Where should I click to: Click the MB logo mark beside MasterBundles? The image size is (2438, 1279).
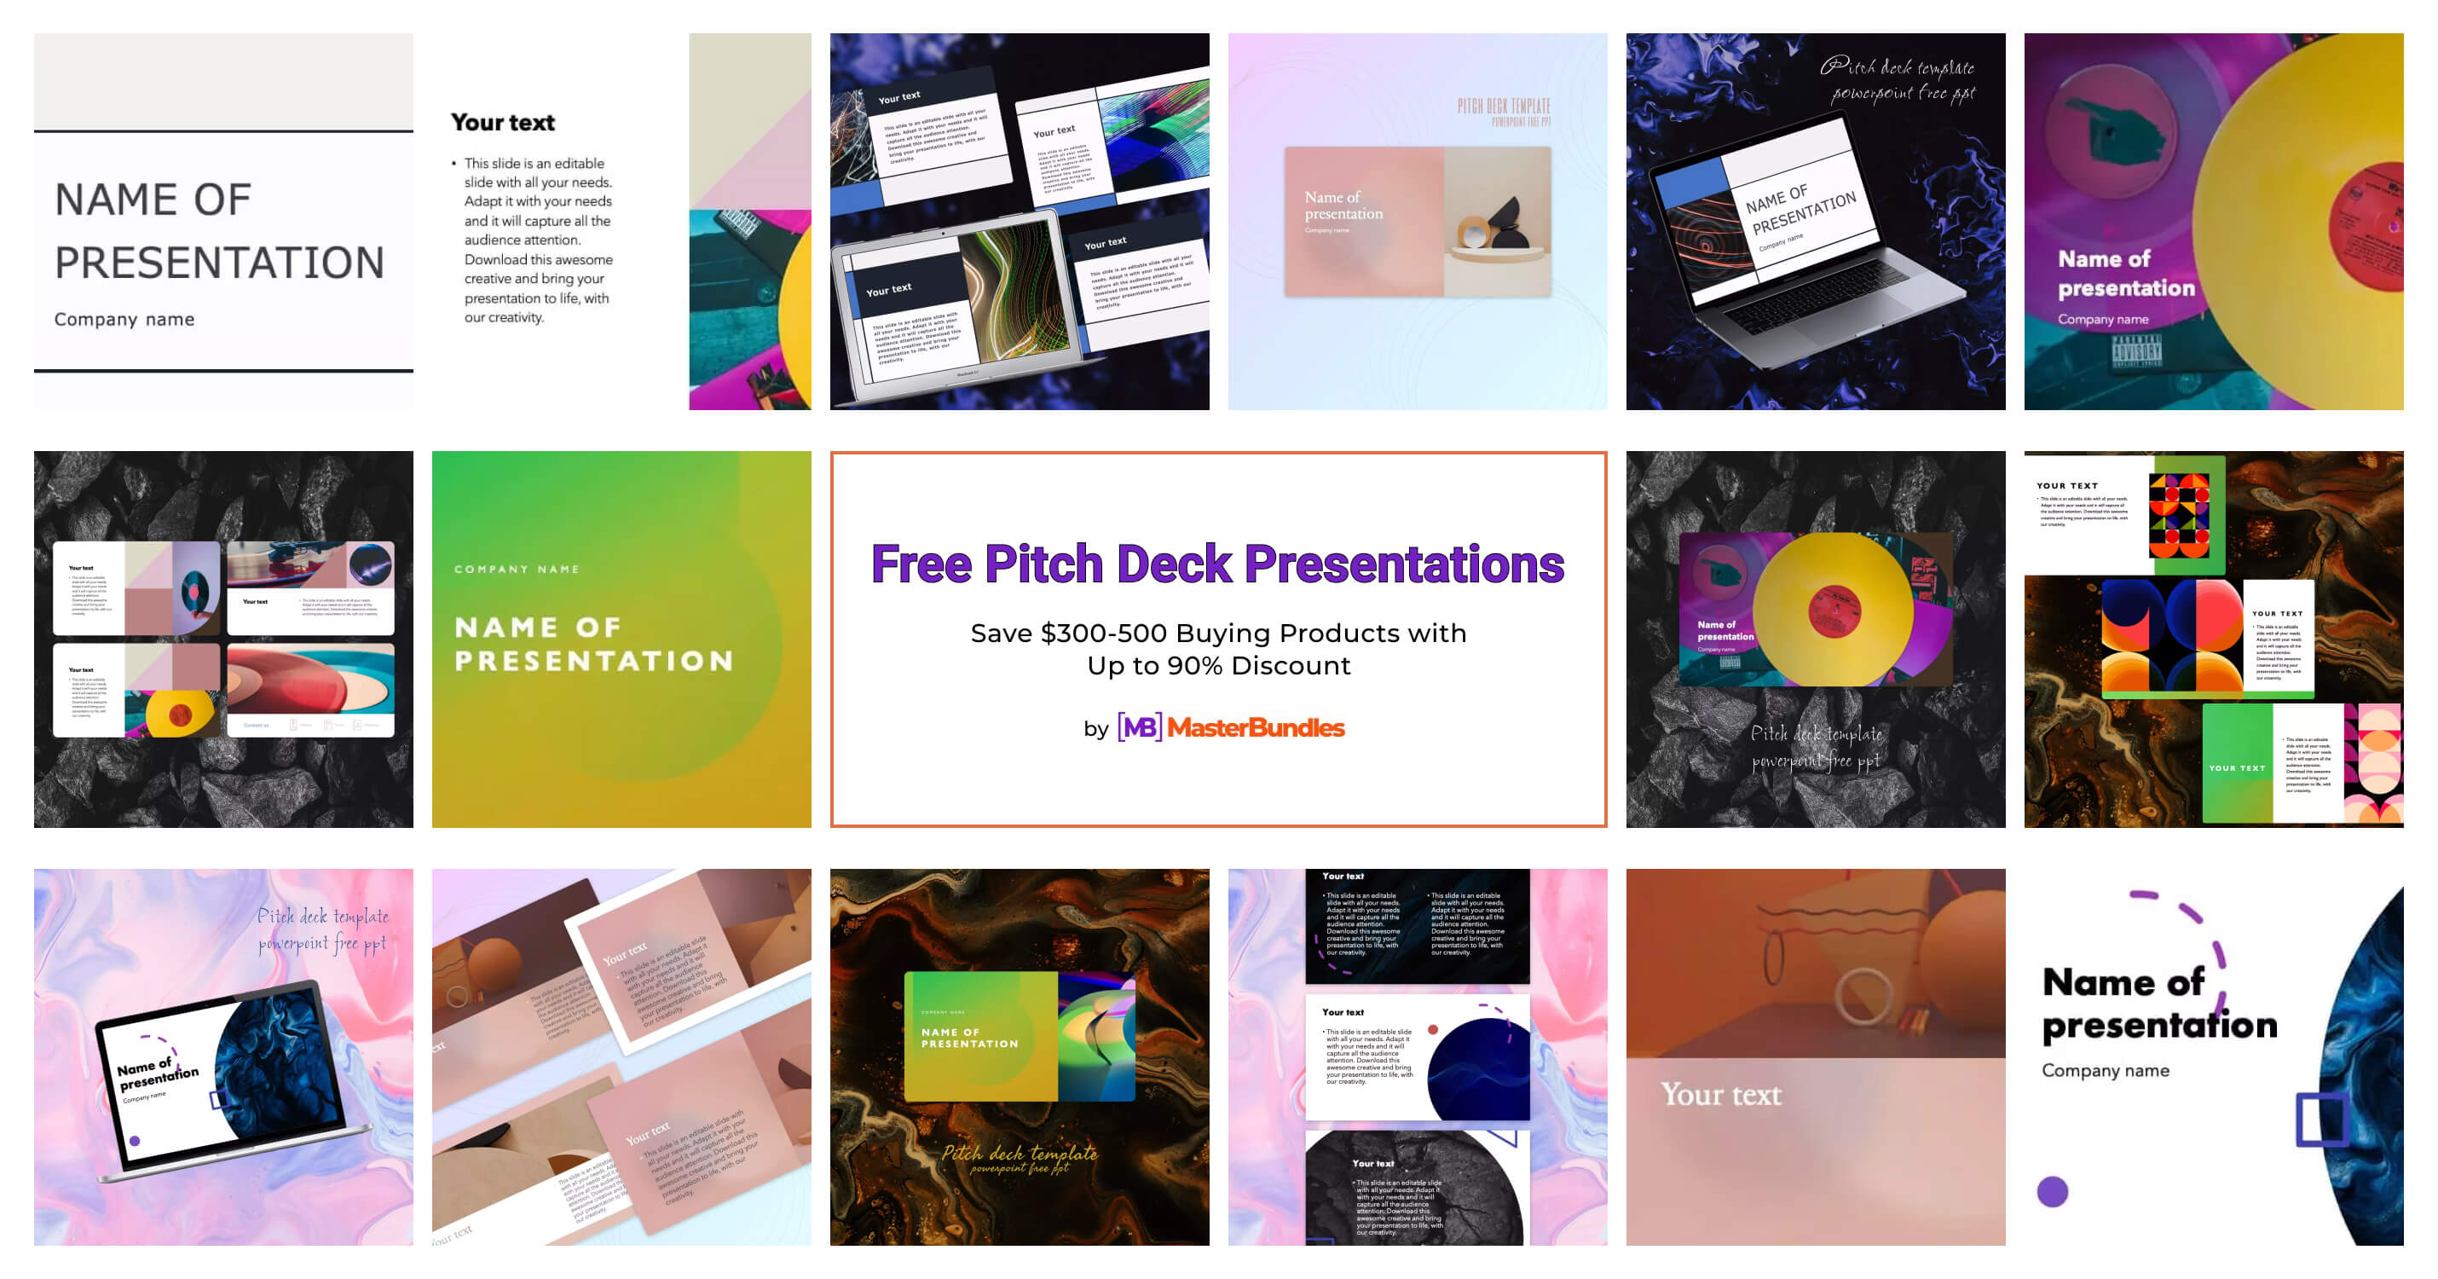point(1139,727)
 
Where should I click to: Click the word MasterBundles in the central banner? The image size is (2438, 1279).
point(1255,727)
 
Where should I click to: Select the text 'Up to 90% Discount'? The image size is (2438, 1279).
point(1218,666)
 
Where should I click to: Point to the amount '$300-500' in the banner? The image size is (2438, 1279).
point(1099,633)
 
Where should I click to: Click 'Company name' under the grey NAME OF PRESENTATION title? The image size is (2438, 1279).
point(124,319)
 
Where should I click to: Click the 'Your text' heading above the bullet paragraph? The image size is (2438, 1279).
point(503,122)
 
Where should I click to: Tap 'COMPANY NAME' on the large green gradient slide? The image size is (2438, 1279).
point(517,569)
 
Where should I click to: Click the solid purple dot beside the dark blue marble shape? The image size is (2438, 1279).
point(2052,1191)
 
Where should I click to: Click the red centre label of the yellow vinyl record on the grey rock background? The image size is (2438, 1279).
point(1834,611)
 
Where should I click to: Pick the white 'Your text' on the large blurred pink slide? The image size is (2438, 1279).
point(1719,1094)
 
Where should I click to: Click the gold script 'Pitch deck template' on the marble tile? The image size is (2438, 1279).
point(1020,1153)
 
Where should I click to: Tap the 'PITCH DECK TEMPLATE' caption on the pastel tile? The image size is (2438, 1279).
point(1503,106)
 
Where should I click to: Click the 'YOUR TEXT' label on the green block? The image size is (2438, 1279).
point(2237,767)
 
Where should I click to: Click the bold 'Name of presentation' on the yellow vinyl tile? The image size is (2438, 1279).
point(2125,273)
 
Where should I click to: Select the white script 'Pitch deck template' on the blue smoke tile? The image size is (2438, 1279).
point(1897,67)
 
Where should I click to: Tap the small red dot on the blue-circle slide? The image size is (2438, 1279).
point(1433,1029)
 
